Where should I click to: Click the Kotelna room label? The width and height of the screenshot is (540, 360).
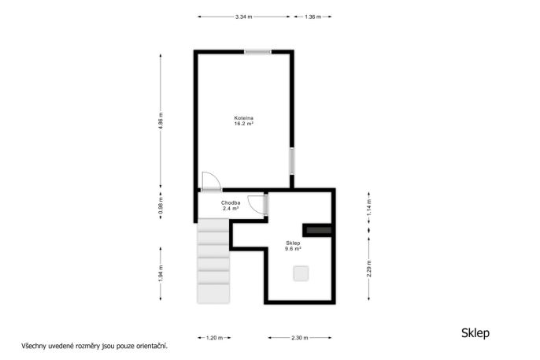click(244, 118)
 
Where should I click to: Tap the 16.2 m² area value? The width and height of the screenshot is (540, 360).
click(244, 124)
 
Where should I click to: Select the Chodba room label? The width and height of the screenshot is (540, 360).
click(231, 203)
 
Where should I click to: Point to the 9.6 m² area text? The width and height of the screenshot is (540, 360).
click(293, 248)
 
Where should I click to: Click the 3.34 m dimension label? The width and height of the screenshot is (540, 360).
click(244, 17)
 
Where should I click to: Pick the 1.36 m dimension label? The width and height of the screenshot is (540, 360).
click(313, 17)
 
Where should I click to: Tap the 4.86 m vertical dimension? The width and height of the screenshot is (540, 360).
click(161, 121)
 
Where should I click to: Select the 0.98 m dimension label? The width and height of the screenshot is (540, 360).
click(161, 206)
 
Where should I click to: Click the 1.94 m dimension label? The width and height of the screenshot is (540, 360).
click(161, 273)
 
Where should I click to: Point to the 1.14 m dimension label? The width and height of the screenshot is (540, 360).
click(369, 208)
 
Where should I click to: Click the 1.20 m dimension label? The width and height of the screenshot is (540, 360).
click(214, 338)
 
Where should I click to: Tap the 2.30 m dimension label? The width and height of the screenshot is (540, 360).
click(300, 338)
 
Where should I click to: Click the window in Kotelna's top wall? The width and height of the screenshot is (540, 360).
click(258, 52)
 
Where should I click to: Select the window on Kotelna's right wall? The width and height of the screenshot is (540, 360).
click(292, 161)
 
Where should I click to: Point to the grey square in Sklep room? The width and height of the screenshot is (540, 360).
click(301, 273)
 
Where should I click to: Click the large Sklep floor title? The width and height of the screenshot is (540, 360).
click(475, 333)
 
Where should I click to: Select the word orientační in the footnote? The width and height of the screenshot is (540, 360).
click(152, 346)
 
